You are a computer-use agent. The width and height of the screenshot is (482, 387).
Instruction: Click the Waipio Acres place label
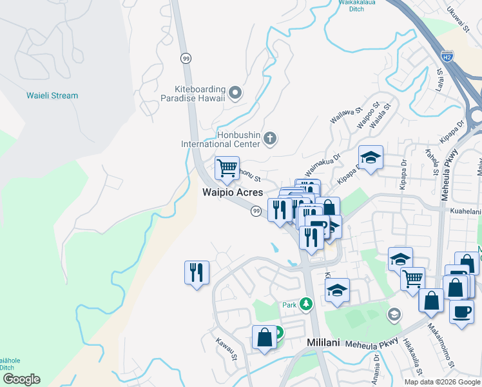point(233,192)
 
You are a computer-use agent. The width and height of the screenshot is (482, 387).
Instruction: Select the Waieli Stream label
point(52,95)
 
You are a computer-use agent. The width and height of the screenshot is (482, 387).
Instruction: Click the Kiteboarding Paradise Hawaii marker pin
point(235,93)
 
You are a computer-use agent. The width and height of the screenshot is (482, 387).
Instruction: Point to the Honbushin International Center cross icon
point(270,138)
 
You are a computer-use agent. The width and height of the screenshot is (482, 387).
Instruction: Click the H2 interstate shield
point(447,55)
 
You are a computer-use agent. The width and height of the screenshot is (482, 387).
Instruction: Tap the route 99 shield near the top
point(186,58)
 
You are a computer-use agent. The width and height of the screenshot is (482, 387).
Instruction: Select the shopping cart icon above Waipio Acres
point(227,169)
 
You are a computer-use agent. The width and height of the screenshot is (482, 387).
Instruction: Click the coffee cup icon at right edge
point(461,312)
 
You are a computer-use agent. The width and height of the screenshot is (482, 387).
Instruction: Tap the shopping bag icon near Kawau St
point(264,337)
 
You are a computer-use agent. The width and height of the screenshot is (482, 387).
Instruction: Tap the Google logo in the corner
point(21,379)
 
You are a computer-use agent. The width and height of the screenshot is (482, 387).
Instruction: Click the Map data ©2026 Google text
point(442,382)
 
